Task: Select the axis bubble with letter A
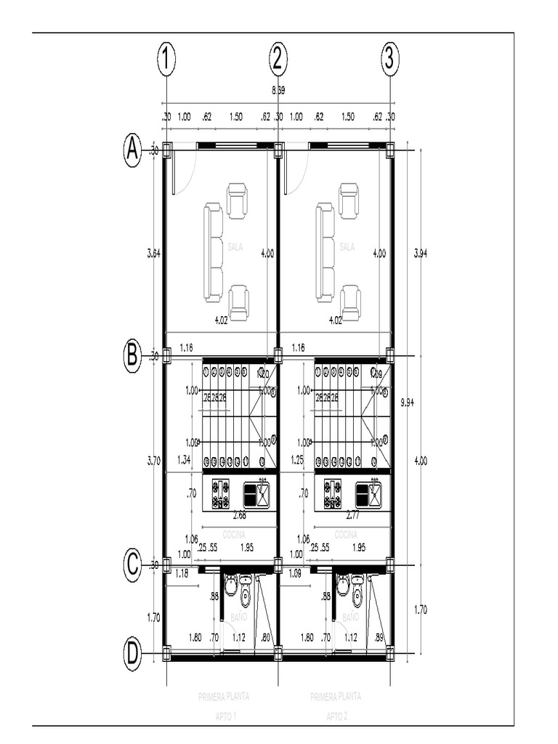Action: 132,151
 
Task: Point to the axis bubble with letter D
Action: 132,654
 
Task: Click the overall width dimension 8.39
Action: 278,91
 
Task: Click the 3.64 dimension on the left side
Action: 153,253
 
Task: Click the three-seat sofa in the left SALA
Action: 213,252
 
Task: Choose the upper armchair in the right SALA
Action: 349,201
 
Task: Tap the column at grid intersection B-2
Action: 278,355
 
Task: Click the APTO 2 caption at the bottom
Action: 336,716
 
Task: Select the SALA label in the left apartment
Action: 235,247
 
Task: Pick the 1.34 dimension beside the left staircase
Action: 185,459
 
